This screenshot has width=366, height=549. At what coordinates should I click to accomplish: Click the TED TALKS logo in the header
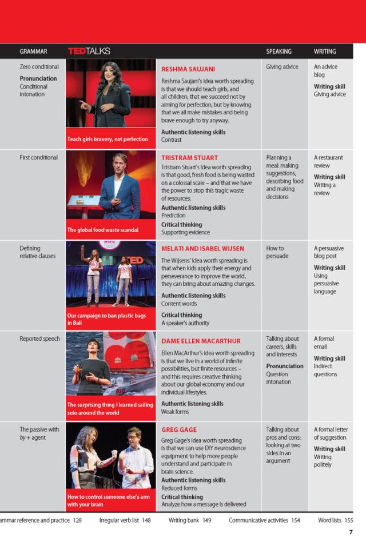pyautogui.click(x=89, y=51)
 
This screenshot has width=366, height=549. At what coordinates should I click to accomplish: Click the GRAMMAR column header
pyautogui.click(x=33, y=51)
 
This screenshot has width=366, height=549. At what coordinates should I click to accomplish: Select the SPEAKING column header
pyautogui.click(x=279, y=51)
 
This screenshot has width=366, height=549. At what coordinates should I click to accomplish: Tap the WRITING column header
pyautogui.click(x=325, y=51)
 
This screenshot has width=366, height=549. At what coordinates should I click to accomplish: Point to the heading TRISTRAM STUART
pyautogui.click(x=189, y=157)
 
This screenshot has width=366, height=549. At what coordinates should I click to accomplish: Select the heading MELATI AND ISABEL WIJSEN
pyautogui.click(x=202, y=249)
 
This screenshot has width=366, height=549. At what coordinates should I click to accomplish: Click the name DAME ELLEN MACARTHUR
pyautogui.click(x=201, y=341)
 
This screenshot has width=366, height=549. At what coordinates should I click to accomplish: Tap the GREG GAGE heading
pyautogui.click(x=179, y=429)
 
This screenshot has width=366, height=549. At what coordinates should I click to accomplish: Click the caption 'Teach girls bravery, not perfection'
pyautogui.click(x=108, y=139)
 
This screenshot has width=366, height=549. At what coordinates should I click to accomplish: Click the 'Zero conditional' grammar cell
pyautogui.click(x=39, y=67)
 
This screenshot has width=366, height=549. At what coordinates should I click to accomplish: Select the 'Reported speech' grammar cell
pyautogui.click(x=39, y=339)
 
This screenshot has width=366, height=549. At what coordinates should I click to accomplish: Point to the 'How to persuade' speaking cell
pyautogui.click(x=279, y=252)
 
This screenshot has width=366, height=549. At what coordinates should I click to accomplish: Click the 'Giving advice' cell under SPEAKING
pyautogui.click(x=282, y=67)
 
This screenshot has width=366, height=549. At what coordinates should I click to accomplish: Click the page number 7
pyautogui.click(x=351, y=532)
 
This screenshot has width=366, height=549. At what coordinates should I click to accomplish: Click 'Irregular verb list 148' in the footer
pyautogui.click(x=125, y=520)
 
